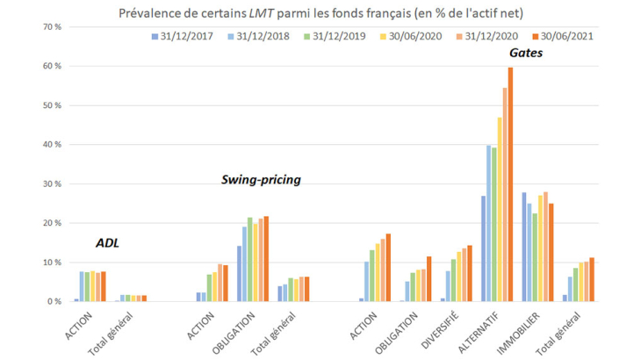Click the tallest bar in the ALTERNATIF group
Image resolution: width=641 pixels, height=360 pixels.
(x=510, y=184)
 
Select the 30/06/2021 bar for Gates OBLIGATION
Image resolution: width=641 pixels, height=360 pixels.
(x=429, y=279)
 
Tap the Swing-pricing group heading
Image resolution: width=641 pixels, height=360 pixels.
(x=260, y=180)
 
